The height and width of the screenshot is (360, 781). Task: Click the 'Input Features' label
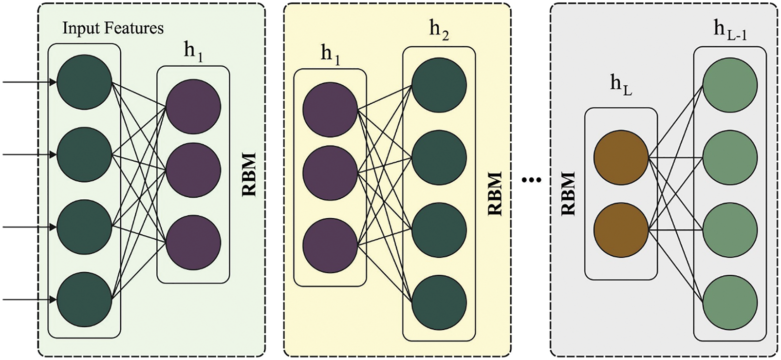pyautogui.click(x=113, y=28)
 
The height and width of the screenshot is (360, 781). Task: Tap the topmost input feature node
pyautogui.click(x=84, y=82)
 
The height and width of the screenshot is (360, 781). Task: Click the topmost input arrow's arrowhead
pyautogui.click(x=54, y=82)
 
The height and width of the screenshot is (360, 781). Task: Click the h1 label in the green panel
pyautogui.click(x=193, y=54)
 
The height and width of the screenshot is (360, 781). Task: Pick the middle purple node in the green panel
pyautogui.click(x=193, y=171)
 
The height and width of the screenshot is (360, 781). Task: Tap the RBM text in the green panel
pyautogui.click(x=249, y=174)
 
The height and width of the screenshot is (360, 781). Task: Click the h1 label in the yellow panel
pyautogui.click(x=330, y=56)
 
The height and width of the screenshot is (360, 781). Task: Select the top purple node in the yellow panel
pyautogui.click(x=330, y=110)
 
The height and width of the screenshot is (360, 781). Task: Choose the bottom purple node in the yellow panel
pyautogui.click(x=330, y=246)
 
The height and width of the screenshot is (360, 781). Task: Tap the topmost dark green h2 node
pyautogui.click(x=439, y=85)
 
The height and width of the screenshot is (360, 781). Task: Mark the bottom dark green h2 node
pyautogui.click(x=439, y=303)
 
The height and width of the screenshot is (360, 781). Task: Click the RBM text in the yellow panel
pyautogui.click(x=495, y=193)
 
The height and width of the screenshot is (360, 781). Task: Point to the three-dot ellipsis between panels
pyautogui.click(x=531, y=180)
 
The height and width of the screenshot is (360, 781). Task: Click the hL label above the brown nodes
pyautogui.click(x=621, y=86)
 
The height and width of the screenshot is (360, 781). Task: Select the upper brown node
pyautogui.click(x=621, y=158)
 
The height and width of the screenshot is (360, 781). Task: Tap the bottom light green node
pyautogui.click(x=730, y=303)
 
